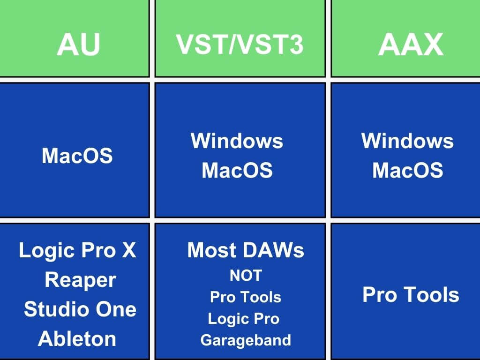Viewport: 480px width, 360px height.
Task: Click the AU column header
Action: pos(78,45)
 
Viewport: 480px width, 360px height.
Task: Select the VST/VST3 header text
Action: pos(240,45)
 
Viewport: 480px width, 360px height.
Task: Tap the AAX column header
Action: pos(410,45)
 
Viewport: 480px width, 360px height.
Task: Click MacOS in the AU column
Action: pos(77,156)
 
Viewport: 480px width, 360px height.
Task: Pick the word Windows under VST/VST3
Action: pos(237,141)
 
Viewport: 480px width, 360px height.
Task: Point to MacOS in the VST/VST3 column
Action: pos(237,171)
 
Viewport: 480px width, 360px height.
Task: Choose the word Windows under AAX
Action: pos(407,141)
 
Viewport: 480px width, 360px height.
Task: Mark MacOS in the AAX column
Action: pos(407,171)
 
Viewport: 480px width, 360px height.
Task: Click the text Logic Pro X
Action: pos(77,251)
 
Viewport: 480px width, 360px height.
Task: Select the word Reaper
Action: pos(80,280)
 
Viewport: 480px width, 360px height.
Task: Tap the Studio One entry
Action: pos(80,309)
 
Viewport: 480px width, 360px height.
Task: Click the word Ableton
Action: pos(77,338)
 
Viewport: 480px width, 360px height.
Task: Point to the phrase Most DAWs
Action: pos(246,251)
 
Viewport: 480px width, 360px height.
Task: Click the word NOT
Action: pos(246,276)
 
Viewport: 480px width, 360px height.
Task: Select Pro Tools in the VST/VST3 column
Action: pos(246,297)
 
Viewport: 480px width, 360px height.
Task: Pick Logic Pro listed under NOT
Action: pos(244,319)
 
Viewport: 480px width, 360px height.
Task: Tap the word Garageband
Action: pos(246,340)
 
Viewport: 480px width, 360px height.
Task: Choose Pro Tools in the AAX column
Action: pos(411,295)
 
